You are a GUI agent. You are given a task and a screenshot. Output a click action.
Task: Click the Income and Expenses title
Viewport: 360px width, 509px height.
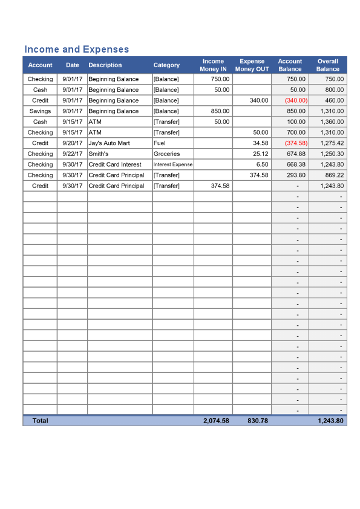pyautogui.click(x=76, y=49)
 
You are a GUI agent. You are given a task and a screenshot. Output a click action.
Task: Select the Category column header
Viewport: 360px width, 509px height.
pyautogui.click(x=166, y=65)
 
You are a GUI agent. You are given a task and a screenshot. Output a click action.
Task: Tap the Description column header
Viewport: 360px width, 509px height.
pyautogui.click(x=105, y=65)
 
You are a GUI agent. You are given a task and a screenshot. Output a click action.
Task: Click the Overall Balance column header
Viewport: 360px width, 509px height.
pyautogui.click(x=327, y=65)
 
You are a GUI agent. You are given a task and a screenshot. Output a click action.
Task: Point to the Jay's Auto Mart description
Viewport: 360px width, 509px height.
pyautogui.click(x=109, y=143)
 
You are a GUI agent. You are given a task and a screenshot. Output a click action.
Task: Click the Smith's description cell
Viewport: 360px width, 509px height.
pyautogui.click(x=98, y=154)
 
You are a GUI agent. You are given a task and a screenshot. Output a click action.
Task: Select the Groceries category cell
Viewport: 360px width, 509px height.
pyautogui.click(x=166, y=154)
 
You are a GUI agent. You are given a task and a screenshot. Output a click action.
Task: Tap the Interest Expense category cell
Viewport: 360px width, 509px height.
pyautogui.click(x=173, y=164)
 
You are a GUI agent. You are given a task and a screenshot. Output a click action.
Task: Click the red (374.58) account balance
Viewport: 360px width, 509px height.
pyautogui.click(x=296, y=143)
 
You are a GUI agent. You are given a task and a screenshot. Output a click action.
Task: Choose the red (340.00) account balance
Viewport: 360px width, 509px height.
pyautogui.click(x=296, y=100)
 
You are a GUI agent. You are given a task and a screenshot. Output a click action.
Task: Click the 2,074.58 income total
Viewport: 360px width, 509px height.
pyautogui.click(x=216, y=421)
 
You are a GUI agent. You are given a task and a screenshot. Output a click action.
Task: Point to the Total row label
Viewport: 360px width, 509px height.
pyautogui.click(x=40, y=421)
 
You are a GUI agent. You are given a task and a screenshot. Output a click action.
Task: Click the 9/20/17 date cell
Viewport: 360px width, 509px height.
pyautogui.click(x=72, y=143)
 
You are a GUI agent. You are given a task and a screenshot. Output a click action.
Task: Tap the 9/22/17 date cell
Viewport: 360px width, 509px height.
pyautogui.click(x=72, y=154)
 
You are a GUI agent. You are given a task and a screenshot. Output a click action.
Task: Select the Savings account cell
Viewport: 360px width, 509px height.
pyautogui.click(x=40, y=111)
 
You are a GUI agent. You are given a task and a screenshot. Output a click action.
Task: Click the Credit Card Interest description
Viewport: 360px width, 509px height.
pyautogui.click(x=115, y=164)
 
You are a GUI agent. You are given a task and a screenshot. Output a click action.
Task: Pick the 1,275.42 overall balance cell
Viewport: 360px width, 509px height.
pyautogui.click(x=330, y=143)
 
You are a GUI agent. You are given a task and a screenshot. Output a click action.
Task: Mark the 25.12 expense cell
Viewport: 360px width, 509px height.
pyautogui.click(x=261, y=154)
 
